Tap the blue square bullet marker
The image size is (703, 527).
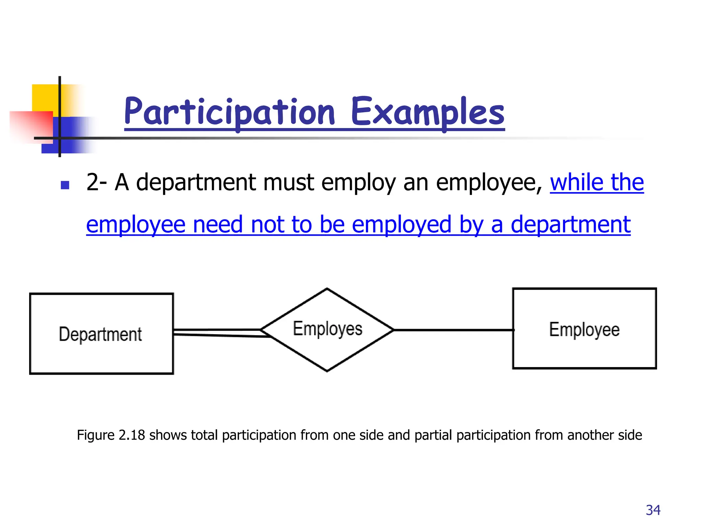coord(65,185)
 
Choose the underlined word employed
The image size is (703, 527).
coord(401,225)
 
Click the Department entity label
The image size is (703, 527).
coord(100,334)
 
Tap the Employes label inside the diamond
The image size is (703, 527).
coord(327,329)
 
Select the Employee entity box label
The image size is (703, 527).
coord(584,329)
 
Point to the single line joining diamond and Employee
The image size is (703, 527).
coord(453,330)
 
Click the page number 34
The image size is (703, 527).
coord(653,510)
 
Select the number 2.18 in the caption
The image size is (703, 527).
coord(131,435)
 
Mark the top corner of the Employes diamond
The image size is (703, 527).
coord(327,289)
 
